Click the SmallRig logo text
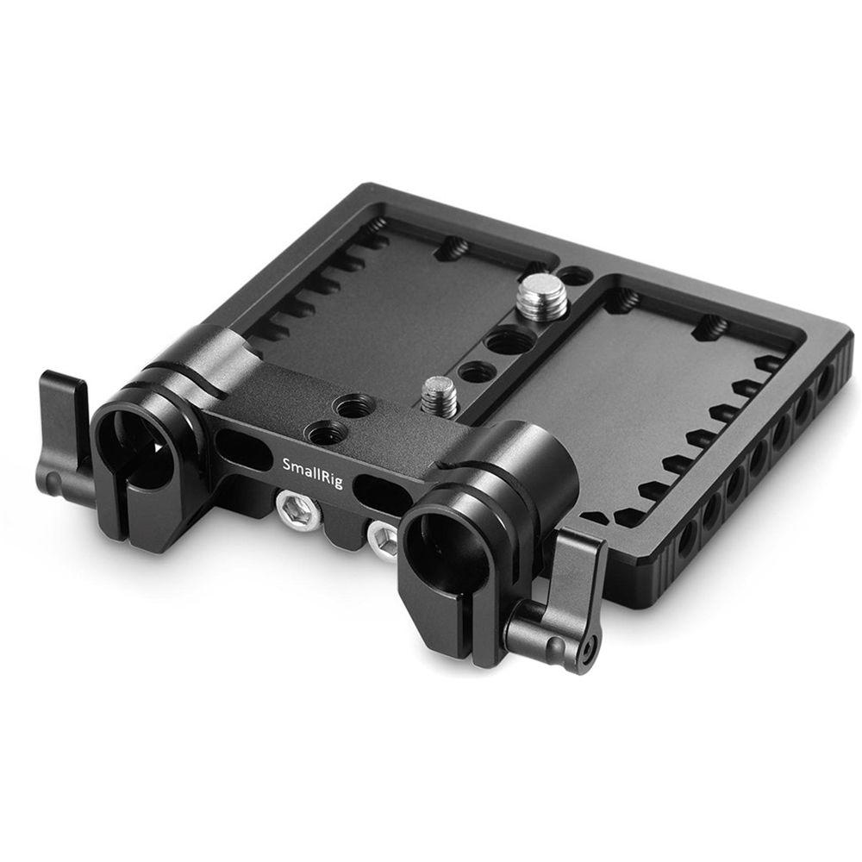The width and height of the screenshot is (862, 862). (x=312, y=473)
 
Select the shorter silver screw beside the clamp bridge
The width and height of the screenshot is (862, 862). (x=438, y=395)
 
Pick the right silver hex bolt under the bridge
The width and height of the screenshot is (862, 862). (x=383, y=540)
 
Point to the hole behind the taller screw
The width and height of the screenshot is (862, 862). (x=573, y=277)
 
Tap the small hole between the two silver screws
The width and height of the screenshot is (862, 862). (x=477, y=372)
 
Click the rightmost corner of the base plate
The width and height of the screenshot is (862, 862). (x=849, y=340)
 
